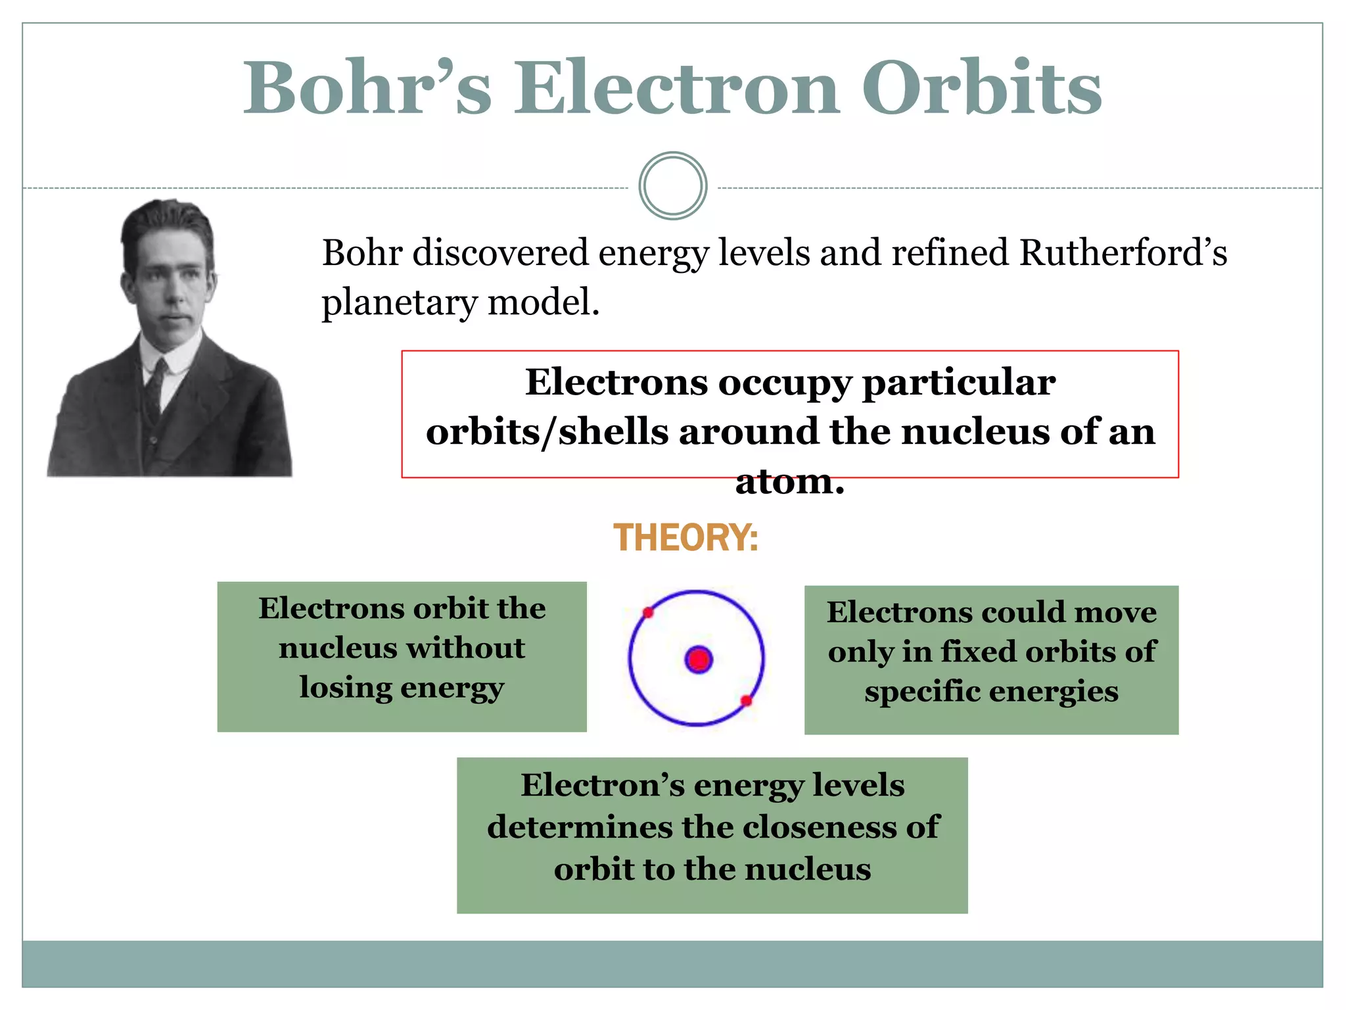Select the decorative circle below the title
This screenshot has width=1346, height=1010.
tap(672, 186)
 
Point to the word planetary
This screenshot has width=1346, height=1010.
tap(399, 304)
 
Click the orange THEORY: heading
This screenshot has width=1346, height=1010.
tap(685, 538)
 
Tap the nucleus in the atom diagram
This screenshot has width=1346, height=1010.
tap(699, 660)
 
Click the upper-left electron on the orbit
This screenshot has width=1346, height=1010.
tap(648, 613)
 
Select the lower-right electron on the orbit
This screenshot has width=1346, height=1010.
tap(746, 701)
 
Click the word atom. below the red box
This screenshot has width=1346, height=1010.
tap(789, 482)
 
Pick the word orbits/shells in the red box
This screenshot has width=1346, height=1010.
tap(547, 433)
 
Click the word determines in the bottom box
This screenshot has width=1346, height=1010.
tap(580, 827)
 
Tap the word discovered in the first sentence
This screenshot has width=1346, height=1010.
tap(500, 253)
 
